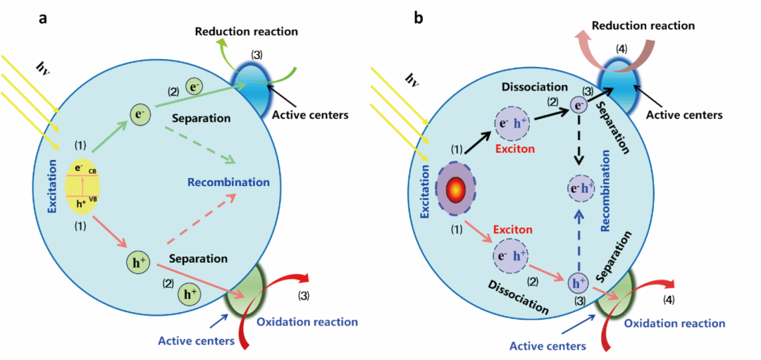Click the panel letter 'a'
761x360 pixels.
[43, 19]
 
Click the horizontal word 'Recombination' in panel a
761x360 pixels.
[228, 182]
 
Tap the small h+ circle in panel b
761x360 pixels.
[578, 283]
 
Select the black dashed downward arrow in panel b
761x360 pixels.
[579, 141]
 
